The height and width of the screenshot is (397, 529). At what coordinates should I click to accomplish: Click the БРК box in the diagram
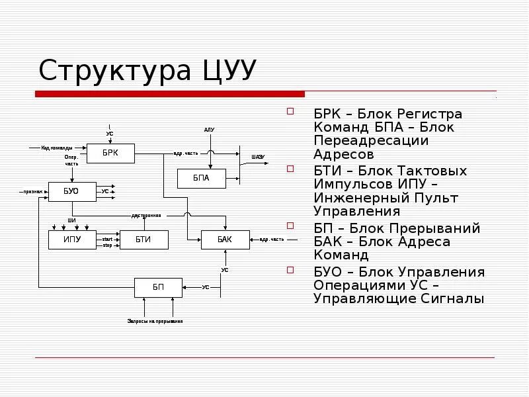tap(110, 154)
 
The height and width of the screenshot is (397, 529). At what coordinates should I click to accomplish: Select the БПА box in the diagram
tap(201, 178)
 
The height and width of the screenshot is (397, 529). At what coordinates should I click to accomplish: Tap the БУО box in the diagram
tap(71, 191)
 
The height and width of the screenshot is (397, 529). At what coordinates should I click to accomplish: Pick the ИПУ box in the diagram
tap(73, 240)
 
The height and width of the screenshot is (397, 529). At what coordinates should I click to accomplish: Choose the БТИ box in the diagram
tap(143, 240)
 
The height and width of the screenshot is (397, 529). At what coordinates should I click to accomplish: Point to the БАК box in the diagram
tap(225, 240)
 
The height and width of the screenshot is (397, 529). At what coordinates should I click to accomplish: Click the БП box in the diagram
tap(158, 287)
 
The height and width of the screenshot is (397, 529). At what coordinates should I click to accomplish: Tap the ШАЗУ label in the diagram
tap(258, 157)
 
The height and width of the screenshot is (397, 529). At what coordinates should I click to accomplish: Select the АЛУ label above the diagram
tap(209, 130)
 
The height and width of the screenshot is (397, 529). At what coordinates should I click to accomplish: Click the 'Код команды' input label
tap(56, 148)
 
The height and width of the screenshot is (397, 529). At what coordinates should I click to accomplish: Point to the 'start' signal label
tap(107, 238)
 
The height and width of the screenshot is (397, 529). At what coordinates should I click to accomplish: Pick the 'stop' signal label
tap(107, 244)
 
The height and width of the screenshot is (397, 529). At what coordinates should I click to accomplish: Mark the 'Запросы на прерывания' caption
tap(155, 321)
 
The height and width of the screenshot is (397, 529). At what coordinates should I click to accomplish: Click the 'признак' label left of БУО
tap(33, 191)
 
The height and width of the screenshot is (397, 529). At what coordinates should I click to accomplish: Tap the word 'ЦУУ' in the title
tap(226, 70)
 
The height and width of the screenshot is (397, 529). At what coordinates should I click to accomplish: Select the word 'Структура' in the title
tap(114, 71)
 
